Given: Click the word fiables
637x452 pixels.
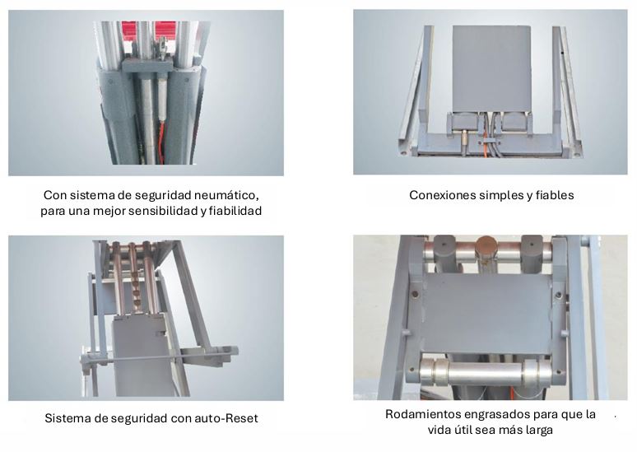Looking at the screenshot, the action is pos(555,195).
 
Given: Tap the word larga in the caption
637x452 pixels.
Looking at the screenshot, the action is pos(537,430).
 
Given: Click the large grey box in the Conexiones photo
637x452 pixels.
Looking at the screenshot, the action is pos(491,68).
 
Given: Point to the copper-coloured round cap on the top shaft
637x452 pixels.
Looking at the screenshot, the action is pos(486,247).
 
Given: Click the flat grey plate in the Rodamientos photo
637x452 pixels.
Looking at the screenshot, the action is pos(486,313).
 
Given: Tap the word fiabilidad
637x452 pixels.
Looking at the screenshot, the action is pos(235,211).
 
